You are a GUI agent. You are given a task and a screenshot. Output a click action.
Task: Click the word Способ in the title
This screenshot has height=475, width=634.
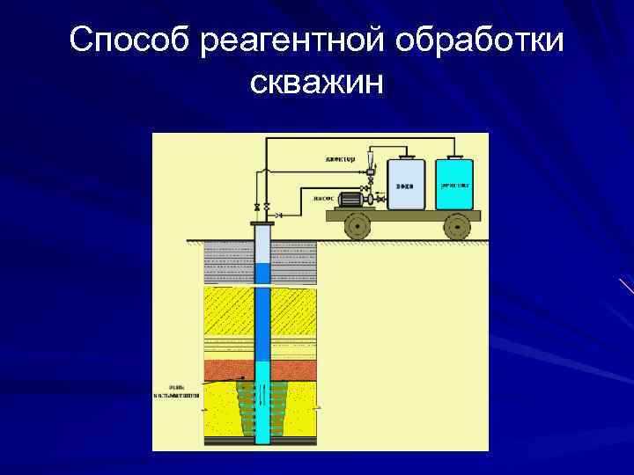tap(129, 40)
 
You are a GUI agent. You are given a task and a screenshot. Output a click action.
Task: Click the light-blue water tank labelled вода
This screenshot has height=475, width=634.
tap(406, 185)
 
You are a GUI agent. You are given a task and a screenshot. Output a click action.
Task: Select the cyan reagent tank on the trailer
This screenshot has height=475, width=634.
tap(454, 185)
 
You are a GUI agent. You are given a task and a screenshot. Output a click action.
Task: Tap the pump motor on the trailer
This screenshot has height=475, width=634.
tap(350, 201)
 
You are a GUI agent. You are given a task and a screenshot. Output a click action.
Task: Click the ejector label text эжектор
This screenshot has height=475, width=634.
tap(339, 159)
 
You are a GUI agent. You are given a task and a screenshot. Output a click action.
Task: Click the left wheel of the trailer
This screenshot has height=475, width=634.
tap(358, 227)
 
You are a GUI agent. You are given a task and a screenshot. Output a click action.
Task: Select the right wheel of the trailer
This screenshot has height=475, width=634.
tap(456, 227)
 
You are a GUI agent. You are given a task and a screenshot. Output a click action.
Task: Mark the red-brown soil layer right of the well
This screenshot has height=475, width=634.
tap(293, 366)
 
